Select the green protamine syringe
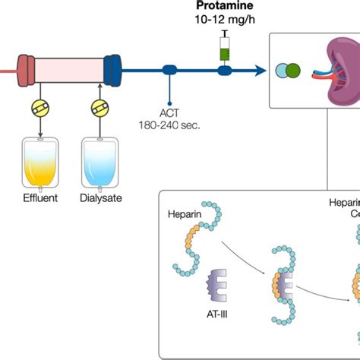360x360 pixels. click(224, 50)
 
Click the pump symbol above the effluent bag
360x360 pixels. click(38, 109)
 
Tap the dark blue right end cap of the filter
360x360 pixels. click(114, 70)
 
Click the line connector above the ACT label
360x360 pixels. click(169, 71)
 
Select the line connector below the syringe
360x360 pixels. click(224, 71)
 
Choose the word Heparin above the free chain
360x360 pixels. click(184, 215)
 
